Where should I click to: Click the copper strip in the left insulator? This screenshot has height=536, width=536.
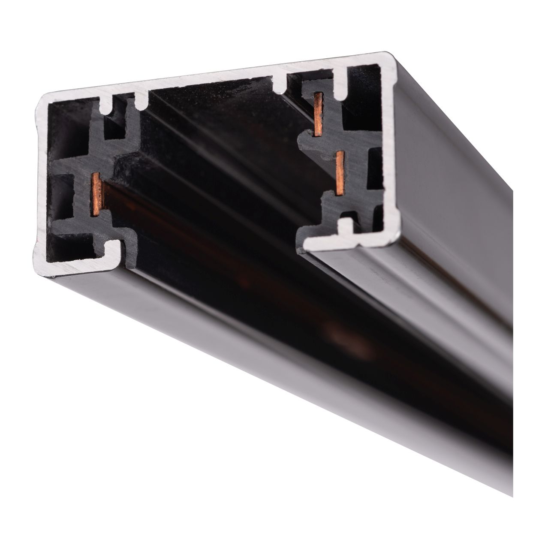pos(96,193)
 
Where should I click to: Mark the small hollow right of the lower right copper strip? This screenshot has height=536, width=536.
pos(375,172)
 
